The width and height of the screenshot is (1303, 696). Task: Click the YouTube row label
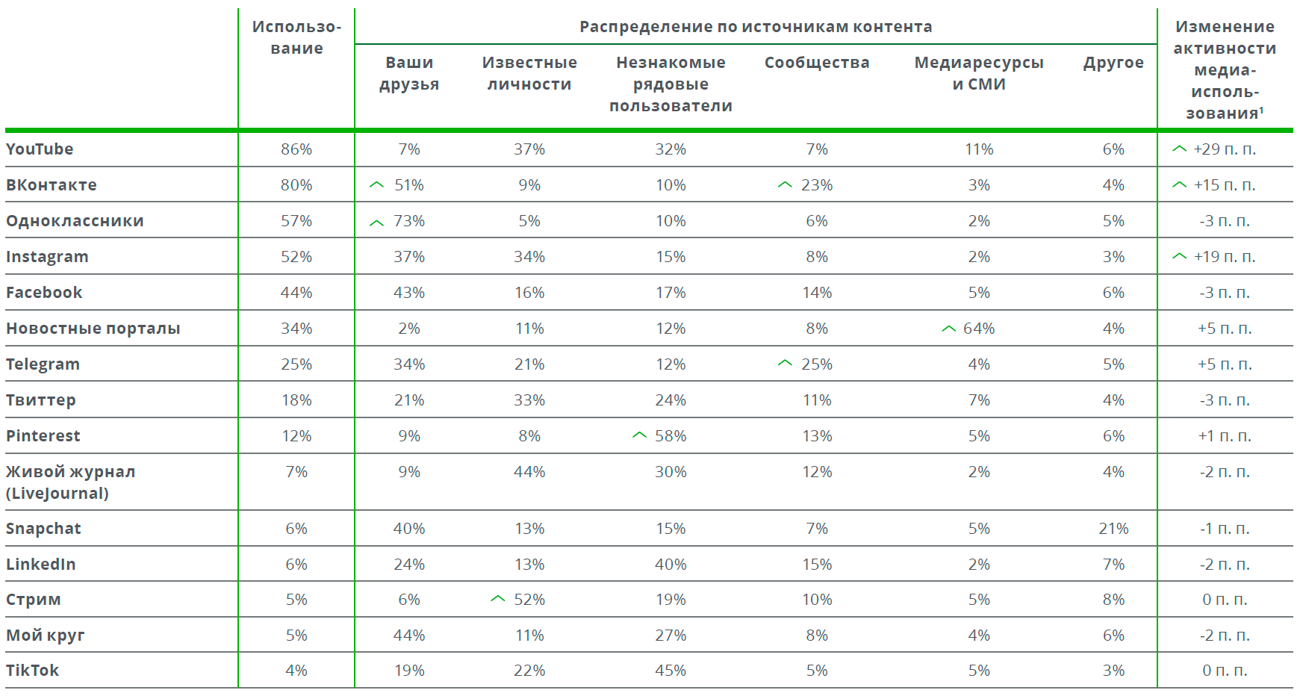click(40, 149)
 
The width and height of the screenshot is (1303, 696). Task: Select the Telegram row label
click(43, 364)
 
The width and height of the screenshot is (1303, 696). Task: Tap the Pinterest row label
click(43, 436)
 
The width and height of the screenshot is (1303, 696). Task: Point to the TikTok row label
click(32, 671)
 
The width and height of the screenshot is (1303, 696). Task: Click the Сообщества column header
click(817, 63)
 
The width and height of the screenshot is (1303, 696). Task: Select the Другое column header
click(1113, 63)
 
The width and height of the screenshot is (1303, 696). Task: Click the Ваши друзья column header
click(409, 73)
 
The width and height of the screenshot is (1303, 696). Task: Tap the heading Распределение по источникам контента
click(756, 27)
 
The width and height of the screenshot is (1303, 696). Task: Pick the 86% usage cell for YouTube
click(296, 149)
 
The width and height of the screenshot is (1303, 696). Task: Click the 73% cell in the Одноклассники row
click(409, 221)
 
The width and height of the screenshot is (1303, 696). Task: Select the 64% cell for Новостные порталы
click(979, 329)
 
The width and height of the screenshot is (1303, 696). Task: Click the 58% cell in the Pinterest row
click(671, 436)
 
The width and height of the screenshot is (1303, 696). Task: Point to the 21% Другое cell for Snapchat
click(1113, 529)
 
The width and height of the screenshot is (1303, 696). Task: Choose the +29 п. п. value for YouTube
click(1225, 149)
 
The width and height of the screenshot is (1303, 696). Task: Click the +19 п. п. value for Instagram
click(1225, 257)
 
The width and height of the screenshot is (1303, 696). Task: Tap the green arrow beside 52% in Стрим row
click(498, 599)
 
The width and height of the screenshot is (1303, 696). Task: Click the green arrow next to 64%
click(948, 329)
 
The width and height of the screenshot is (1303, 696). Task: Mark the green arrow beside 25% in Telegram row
click(785, 363)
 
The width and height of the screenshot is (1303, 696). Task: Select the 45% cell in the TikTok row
click(671, 671)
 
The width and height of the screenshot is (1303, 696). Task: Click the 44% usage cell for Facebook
click(296, 293)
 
